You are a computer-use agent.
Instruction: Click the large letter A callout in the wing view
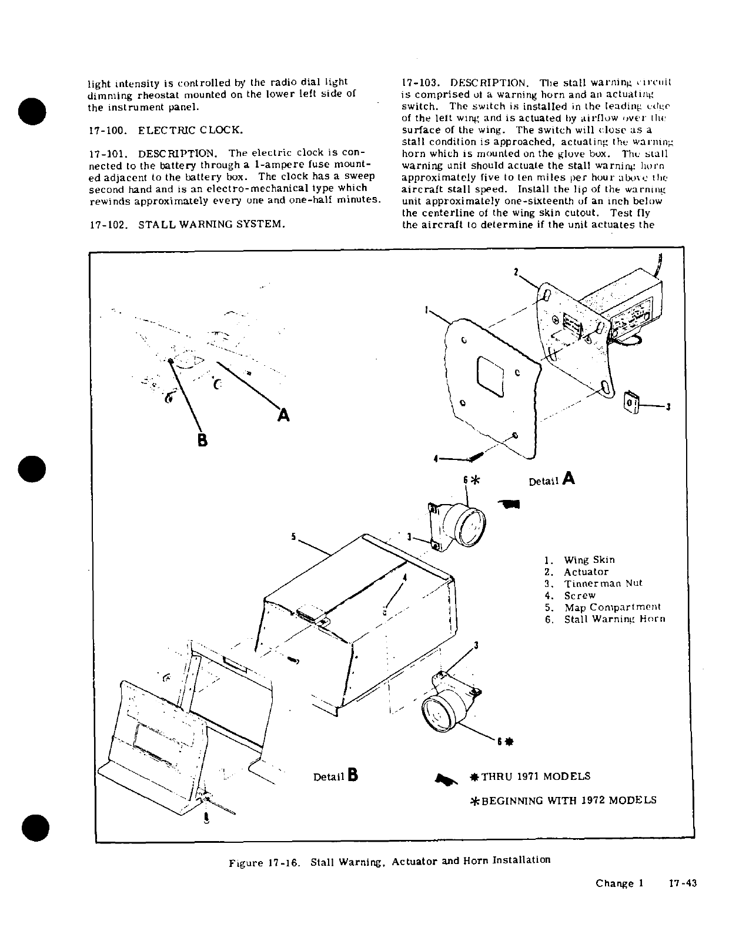(x=283, y=415)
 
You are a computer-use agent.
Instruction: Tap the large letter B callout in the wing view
(x=202, y=440)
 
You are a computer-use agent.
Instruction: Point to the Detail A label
(x=551, y=479)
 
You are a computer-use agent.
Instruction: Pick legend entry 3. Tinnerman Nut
(x=594, y=583)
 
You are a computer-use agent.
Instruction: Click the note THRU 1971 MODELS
(x=535, y=776)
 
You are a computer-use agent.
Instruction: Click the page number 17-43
(x=683, y=883)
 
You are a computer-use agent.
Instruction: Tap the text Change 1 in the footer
(x=620, y=883)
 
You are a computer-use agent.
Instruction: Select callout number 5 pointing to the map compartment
(x=293, y=536)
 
